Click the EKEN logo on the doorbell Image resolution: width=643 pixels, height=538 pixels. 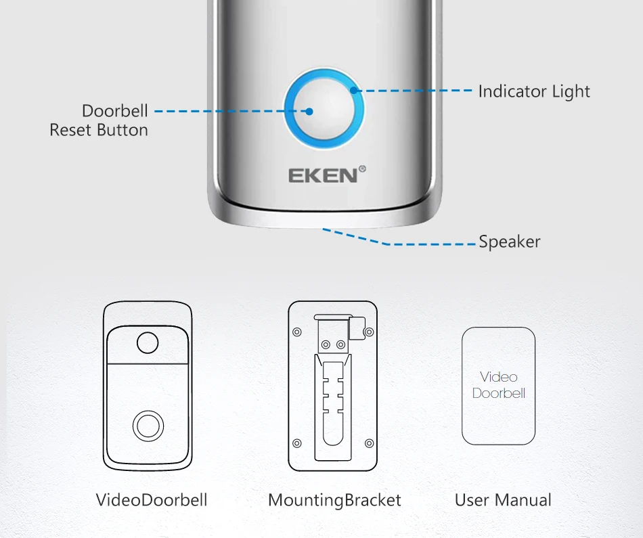click(x=322, y=176)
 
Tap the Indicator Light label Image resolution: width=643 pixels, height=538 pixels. click(x=534, y=91)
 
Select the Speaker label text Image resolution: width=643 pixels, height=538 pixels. click(x=510, y=242)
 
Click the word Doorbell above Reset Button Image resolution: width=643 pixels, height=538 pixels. click(x=115, y=110)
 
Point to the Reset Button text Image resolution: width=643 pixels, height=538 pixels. click(x=99, y=130)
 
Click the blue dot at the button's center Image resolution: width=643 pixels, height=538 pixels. click(x=309, y=111)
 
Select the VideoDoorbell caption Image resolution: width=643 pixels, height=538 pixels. click(x=151, y=500)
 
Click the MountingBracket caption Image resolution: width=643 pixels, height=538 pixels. click(x=334, y=500)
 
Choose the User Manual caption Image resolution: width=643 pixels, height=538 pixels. click(x=503, y=500)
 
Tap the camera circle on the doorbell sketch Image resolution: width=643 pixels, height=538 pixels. click(x=148, y=343)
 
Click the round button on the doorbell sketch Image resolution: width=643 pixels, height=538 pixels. click(x=148, y=426)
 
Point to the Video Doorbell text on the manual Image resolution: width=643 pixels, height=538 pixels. click(x=499, y=385)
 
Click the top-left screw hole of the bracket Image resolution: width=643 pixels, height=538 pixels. click(x=296, y=332)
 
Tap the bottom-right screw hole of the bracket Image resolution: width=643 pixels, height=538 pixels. click(x=369, y=443)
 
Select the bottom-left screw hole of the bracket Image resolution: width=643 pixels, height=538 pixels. click(x=296, y=443)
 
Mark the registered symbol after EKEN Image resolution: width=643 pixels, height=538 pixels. click(x=362, y=169)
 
